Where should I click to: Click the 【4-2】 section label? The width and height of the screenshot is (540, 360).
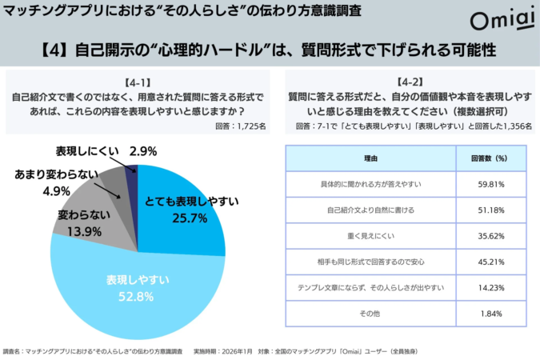pos(406,82)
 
